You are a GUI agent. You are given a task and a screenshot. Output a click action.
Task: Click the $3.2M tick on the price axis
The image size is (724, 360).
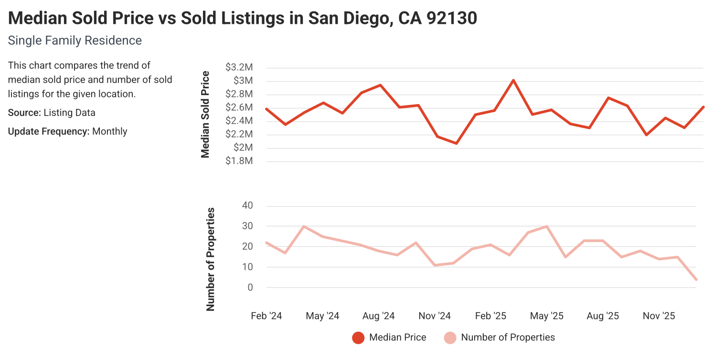click(x=239, y=67)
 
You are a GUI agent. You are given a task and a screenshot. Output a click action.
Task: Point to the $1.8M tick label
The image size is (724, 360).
click(x=239, y=161)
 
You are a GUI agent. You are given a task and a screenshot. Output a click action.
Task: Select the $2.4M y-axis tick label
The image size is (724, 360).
click(x=239, y=121)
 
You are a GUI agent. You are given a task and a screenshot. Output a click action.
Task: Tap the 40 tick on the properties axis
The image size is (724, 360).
click(x=247, y=206)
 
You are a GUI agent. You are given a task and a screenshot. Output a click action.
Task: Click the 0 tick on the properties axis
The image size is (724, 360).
click(x=249, y=287)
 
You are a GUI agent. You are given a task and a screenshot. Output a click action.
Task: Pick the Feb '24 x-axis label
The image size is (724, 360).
click(x=266, y=316)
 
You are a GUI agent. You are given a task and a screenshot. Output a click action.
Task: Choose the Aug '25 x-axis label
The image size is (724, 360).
click(x=603, y=316)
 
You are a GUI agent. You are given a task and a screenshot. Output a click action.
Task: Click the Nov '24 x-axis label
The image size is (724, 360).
click(x=435, y=316)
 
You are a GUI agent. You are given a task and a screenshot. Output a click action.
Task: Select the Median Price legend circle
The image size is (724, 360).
click(x=358, y=338)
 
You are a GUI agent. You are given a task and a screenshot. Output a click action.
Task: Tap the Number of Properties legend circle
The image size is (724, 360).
click(x=450, y=338)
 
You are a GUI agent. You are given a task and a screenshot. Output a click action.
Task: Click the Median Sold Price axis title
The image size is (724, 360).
click(x=205, y=114)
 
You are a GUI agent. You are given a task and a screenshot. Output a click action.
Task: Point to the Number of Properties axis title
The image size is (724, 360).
click(x=210, y=259)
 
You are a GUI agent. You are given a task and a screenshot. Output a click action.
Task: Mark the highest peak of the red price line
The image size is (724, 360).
click(x=513, y=80)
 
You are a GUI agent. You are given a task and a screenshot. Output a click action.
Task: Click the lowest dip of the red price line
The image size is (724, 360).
click(x=456, y=143)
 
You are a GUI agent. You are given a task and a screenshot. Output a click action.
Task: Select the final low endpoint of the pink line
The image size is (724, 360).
click(x=696, y=279)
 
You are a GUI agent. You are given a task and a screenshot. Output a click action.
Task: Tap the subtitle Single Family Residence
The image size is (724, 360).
click(x=75, y=41)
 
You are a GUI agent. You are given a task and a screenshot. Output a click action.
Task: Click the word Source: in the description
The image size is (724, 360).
click(x=24, y=113)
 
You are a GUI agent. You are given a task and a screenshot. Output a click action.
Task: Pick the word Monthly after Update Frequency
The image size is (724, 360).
click(x=110, y=131)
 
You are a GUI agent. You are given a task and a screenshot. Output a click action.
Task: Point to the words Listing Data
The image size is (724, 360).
click(x=69, y=113)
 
